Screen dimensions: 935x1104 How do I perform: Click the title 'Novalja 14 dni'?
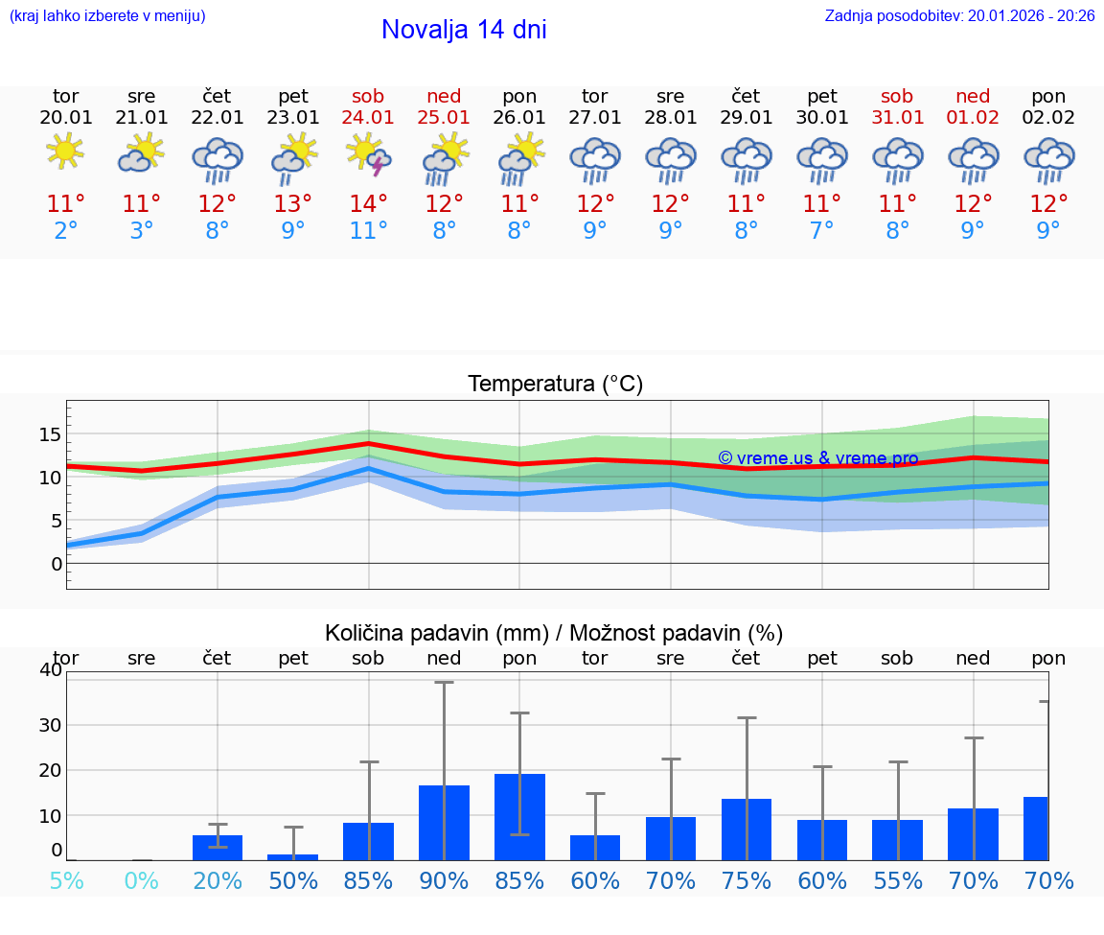point(464,30)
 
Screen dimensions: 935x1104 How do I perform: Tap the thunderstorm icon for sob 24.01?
point(369,156)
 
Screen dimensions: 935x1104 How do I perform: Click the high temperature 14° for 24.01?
point(369,204)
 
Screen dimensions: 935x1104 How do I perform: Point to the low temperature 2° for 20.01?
point(65,231)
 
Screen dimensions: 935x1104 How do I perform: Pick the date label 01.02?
point(973,118)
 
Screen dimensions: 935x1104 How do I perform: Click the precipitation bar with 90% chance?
point(444,822)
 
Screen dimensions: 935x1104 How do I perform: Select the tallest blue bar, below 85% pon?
point(519,816)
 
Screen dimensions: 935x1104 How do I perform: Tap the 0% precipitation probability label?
point(141,880)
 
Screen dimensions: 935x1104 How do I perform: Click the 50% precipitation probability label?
point(293,880)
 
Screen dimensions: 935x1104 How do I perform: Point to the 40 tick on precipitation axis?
point(50,670)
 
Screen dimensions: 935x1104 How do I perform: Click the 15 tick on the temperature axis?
point(50,435)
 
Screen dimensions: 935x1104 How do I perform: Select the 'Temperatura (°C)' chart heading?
point(555,385)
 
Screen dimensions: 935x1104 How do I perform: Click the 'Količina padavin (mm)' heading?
point(437,633)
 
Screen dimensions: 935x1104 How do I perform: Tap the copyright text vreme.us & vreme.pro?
point(817,458)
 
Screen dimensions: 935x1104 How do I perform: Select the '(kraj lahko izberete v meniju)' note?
point(107,16)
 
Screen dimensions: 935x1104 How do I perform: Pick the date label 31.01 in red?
point(897,118)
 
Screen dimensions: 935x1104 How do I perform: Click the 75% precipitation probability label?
point(746,880)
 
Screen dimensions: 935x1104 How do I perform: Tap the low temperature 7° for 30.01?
point(821,231)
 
